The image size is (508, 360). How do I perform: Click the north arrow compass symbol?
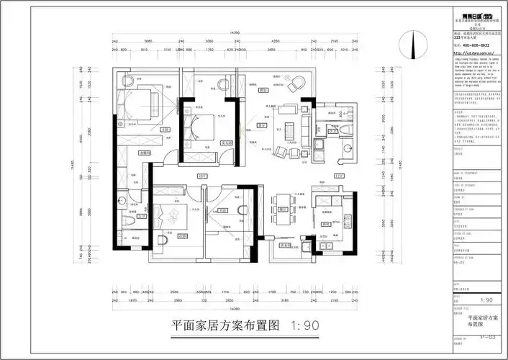(x=414, y=49)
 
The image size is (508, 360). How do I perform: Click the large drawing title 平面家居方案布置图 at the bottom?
(x=225, y=325)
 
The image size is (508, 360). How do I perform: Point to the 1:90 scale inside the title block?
(x=486, y=300)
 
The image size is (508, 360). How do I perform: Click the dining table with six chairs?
(x=281, y=212)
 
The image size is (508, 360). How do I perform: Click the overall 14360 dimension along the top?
(x=234, y=34)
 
